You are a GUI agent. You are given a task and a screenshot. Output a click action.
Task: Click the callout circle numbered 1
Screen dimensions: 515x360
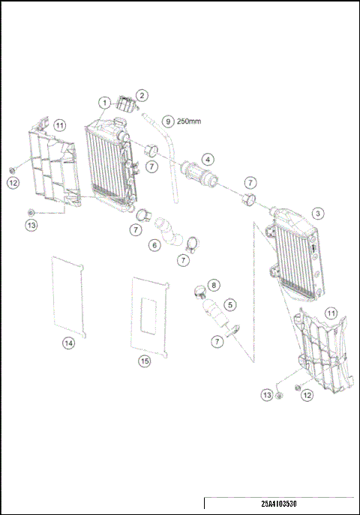click(x=106, y=100)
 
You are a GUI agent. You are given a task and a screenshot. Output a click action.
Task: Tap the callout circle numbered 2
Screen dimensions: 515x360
click(x=142, y=94)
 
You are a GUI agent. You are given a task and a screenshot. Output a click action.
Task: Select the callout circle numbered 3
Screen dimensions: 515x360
click(x=319, y=213)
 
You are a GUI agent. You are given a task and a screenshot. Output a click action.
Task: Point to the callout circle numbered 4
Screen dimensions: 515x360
click(x=207, y=157)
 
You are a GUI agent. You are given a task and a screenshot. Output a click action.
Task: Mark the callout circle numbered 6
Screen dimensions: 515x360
click(x=154, y=244)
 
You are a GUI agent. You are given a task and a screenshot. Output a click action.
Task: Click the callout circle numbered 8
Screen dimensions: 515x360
click(x=214, y=285)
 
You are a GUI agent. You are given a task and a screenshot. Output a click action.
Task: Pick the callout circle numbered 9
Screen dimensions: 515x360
click(x=168, y=121)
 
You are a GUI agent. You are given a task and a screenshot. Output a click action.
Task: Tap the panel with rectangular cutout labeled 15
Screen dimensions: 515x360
click(x=148, y=315)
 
